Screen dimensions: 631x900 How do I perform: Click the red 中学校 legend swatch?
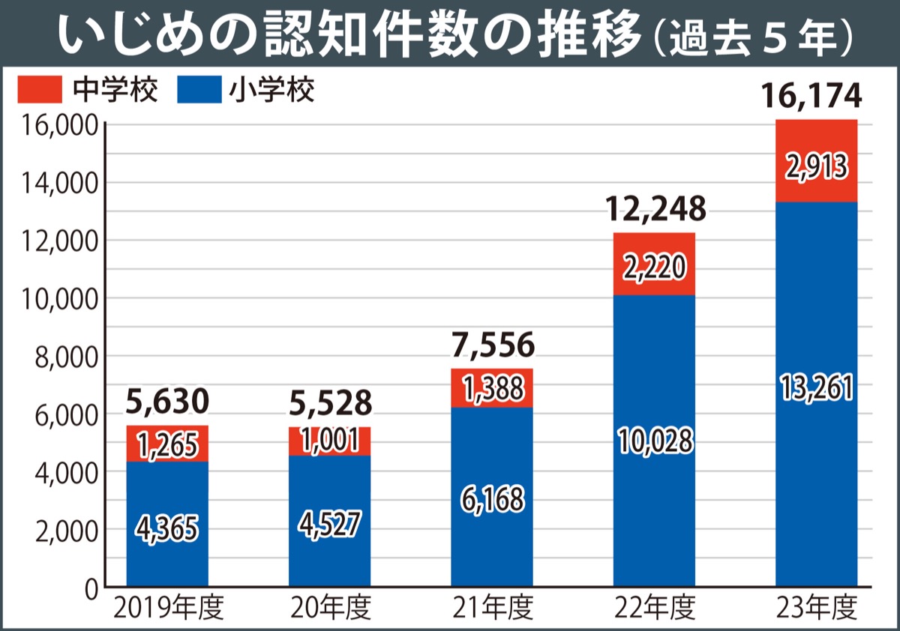click(38, 91)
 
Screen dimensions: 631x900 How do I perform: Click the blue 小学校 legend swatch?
click(199, 91)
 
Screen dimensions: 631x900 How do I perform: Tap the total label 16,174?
click(814, 97)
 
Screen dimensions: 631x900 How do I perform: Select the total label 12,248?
click(655, 211)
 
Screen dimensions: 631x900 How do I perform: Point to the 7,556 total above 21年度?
click(492, 345)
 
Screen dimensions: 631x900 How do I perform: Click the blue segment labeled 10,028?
click(654, 442)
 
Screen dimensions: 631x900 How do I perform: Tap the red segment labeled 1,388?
click(492, 388)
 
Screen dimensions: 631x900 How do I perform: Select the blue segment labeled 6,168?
click(492, 498)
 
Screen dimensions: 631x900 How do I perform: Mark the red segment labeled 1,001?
click(330, 441)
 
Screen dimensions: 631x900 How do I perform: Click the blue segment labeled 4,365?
click(167, 528)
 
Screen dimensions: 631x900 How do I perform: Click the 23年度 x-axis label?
click(817, 608)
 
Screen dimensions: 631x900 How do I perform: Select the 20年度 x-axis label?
click(331, 608)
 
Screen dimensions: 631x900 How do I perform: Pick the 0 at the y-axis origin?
click(91, 590)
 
